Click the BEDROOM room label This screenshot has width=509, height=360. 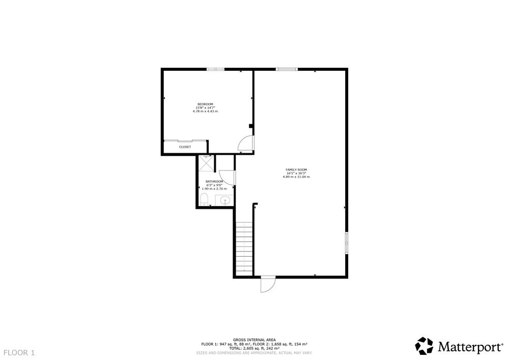205,104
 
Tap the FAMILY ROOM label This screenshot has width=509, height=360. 296,170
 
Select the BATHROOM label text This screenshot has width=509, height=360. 214,181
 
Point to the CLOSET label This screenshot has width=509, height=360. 185,147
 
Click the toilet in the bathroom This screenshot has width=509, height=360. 204,199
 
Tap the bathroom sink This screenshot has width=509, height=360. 225,201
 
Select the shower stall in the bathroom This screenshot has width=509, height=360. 206,163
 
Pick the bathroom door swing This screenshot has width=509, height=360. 227,178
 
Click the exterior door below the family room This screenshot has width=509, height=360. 268,284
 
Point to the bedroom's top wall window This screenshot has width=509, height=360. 215,69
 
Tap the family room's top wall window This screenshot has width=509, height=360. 287,69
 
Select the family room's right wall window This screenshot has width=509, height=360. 347,242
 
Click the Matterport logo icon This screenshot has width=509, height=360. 425,346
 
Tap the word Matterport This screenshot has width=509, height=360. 470,347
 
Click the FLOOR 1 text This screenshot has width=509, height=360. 19,352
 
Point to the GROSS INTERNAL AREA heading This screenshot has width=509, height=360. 254,340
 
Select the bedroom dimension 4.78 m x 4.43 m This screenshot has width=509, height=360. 205,112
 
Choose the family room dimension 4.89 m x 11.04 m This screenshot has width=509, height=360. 296,177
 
